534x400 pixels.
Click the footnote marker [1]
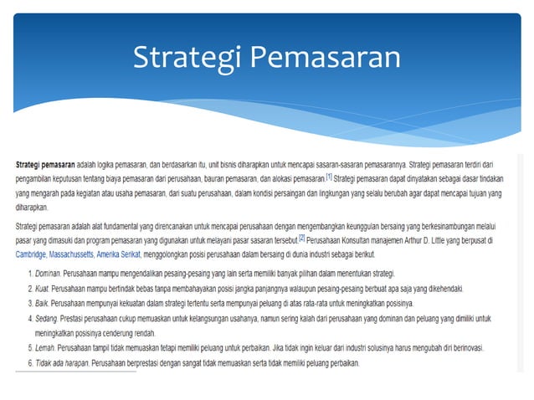(329, 177)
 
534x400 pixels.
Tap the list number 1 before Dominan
(30, 274)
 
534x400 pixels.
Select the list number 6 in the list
(30, 363)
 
